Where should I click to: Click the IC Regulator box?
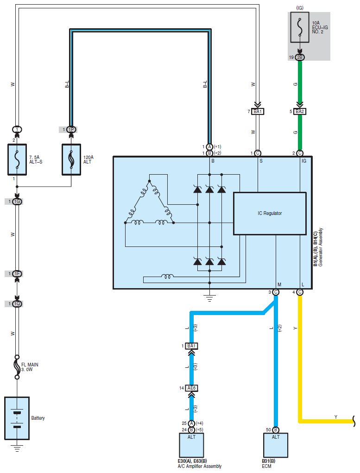270,214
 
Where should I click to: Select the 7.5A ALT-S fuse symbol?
17,159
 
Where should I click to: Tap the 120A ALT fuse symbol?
71,159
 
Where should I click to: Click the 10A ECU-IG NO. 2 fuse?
300,27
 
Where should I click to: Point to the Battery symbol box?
17,418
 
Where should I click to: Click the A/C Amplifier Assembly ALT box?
191,445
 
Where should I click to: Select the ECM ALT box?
276,445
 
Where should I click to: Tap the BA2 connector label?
300,111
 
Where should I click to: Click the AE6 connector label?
191,388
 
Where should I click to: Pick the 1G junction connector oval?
17,201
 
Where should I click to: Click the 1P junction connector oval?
71,129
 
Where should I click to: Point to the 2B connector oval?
300,57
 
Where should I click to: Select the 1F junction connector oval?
17,274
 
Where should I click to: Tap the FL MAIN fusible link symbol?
17,367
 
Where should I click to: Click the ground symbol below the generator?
209,298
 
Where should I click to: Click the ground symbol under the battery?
17,448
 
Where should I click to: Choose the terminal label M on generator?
279,284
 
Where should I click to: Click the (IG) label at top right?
300,8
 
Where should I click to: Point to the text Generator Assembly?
321,247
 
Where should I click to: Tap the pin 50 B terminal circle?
276,429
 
